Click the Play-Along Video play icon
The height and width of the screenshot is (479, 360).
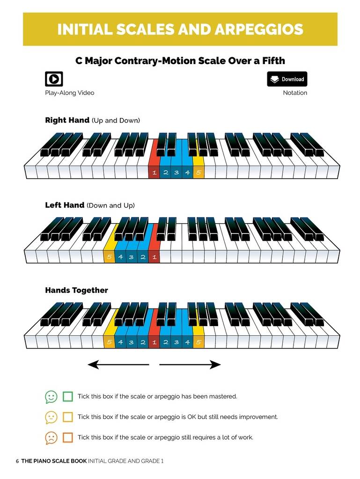[54, 79]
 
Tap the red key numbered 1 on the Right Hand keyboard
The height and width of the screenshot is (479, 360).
[154, 162]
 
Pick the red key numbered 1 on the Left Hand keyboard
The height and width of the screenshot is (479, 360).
[154, 247]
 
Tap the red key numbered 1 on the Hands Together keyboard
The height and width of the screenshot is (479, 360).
[154, 333]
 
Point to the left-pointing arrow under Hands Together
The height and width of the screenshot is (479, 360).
[118, 364]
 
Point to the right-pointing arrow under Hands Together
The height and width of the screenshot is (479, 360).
[190, 364]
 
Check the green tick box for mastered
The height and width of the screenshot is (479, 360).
[68, 397]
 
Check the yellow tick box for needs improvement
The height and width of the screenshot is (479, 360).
[68, 417]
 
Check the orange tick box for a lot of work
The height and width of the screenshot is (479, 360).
[68, 437]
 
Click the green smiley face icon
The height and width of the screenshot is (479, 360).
[51, 397]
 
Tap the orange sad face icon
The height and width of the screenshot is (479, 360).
[51, 438]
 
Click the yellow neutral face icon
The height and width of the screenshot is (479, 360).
[51, 418]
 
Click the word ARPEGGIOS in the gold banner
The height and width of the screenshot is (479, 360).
[259, 29]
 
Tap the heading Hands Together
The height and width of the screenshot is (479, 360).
[76, 290]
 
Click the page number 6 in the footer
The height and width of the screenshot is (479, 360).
[17, 461]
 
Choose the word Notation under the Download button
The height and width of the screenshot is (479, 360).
[295, 93]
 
